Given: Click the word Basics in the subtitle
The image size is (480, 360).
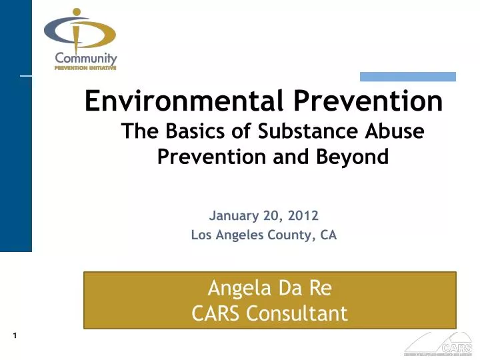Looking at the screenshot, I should tap(191, 131).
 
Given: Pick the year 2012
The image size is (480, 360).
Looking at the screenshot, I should tap(304, 215).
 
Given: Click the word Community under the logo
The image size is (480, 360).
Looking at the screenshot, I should tap(86, 59).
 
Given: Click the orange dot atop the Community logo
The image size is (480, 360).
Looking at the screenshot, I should tap(77, 12).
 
